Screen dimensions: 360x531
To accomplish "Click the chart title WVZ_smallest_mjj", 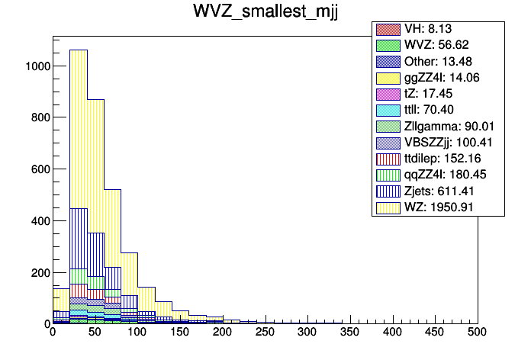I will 265,14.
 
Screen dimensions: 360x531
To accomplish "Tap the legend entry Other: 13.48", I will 439,61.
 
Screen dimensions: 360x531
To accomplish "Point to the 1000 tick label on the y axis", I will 36,66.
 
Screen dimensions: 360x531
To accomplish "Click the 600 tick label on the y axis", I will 39,169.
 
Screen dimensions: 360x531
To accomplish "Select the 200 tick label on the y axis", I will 39,272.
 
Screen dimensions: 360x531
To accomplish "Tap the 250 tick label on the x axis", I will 265,333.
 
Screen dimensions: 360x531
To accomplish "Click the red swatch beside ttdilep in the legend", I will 388,159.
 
